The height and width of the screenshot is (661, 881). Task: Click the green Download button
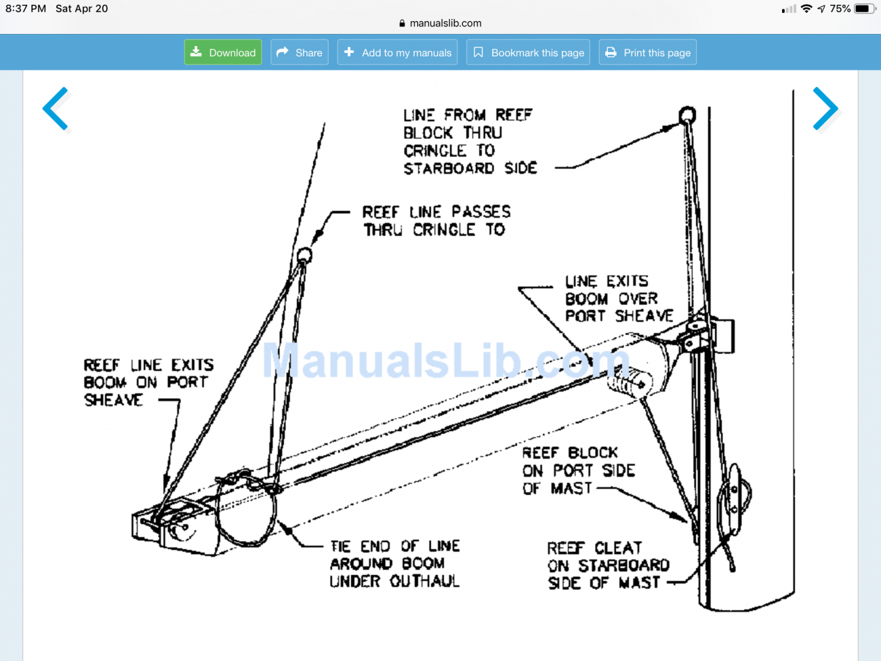tap(223, 52)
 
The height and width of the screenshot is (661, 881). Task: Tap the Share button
tap(300, 52)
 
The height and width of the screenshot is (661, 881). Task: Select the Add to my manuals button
tap(397, 52)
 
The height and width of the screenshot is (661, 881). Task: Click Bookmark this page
tap(528, 52)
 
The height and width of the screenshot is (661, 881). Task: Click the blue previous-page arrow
tap(56, 108)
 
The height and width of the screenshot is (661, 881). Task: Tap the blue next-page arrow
tap(825, 108)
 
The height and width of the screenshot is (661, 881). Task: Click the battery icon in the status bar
tap(864, 9)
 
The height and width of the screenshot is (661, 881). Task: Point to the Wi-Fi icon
tap(806, 9)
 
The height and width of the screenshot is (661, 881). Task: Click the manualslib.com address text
tap(445, 23)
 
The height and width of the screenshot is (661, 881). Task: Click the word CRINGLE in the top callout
tap(435, 151)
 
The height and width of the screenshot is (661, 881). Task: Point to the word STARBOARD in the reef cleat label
tap(623, 565)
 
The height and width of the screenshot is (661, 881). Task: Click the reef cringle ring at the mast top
tap(687, 114)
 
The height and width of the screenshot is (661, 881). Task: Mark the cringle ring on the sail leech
tap(304, 256)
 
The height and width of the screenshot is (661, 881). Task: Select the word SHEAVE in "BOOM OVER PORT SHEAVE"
tap(644, 316)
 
